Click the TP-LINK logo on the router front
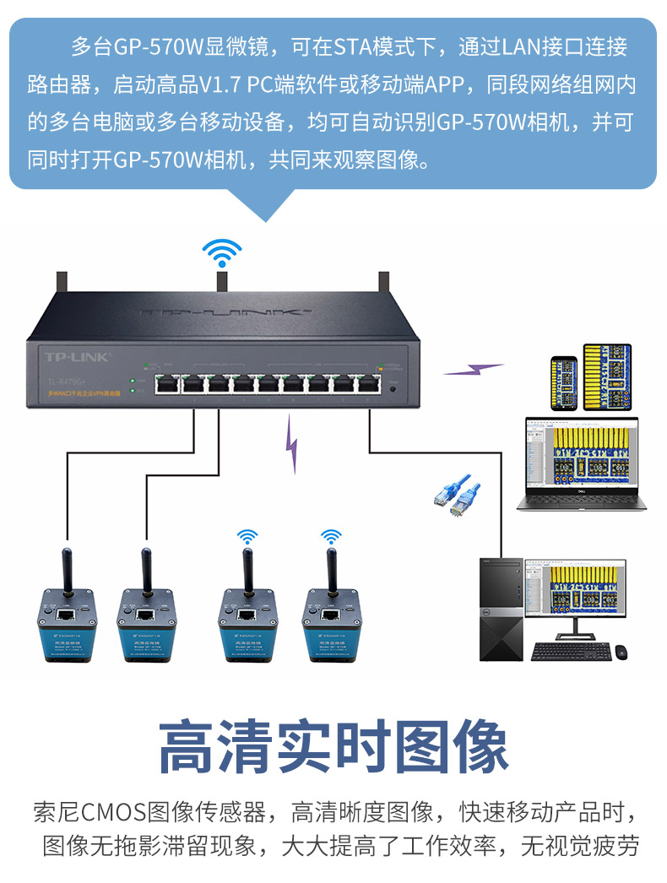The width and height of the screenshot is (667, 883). [77, 358]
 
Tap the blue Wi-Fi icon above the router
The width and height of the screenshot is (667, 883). [222, 252]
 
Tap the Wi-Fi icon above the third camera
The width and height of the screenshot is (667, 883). [247, 536]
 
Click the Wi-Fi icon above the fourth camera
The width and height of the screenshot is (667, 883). [332, 536]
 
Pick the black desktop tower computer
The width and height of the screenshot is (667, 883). [502, 608]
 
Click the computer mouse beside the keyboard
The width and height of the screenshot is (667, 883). [621, 652]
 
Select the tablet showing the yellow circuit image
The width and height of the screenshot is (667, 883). [608, 376]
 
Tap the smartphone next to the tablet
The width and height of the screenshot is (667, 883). [563, 383]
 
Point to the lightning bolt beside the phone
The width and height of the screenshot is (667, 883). [474, 369]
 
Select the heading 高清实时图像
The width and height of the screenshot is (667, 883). [333, 746]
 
